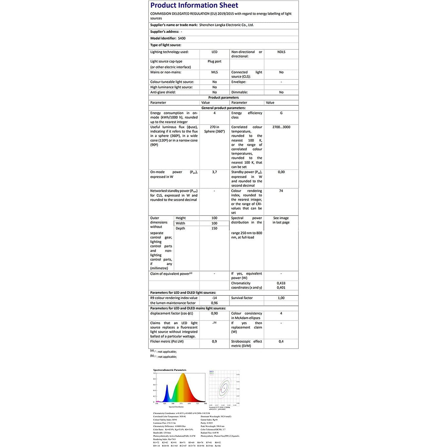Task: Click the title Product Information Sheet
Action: (x=194, y=5)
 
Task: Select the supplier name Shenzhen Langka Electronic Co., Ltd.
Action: (x=226, y=25)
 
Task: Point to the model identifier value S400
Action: (x=182, y=38)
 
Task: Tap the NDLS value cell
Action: (x=281, y=52)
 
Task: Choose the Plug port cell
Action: (x=214, y=61)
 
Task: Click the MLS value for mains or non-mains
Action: (x=215, y=72)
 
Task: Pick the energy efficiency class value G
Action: (x=281, y=113)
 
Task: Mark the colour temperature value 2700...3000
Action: (x=281, y=127)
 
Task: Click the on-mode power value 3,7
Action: (x=215, y=172)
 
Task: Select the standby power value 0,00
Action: (x=281, y=172)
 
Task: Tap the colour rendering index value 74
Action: (x=281, y=191)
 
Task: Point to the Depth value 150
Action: (x=214, y=228)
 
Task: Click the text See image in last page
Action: (x=281, y=220)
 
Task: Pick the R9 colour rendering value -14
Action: (x=215, y=298)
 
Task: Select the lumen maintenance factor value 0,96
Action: (x=215, y=303)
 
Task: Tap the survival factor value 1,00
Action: (x=281, y=298)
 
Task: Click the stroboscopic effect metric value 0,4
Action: (x=281, y=342)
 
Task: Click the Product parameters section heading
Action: (x=223, y=98)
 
